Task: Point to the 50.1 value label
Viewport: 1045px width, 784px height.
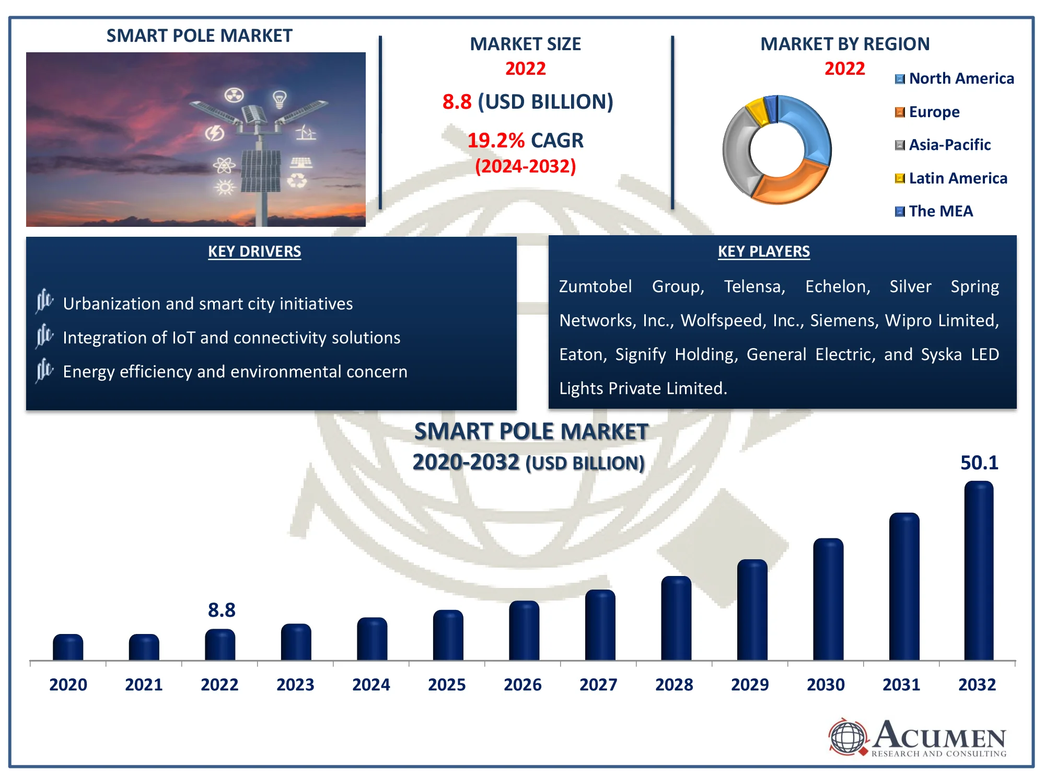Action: pyautogui.click(x=979, y=463)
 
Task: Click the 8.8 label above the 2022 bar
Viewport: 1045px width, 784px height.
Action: pyautogui.click(x=222, y=610)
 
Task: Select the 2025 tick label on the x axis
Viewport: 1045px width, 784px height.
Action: pyautogui.click(x=447, y=685)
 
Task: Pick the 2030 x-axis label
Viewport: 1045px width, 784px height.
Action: pyautogui.click(x=826, y=685)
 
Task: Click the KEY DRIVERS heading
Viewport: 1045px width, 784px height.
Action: pyautogui.click(x=254, y=251)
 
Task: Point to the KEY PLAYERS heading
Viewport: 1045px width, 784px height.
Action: pyautogui.click(x=763, y=251)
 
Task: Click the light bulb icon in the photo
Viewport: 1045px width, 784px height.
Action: pyautogui.click(x=280, y=98)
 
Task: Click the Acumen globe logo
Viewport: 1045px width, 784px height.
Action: pyautogui.click(x=847, y=737)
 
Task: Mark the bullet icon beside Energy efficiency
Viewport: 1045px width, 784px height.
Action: pyautogui.click(x=44, y=371)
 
